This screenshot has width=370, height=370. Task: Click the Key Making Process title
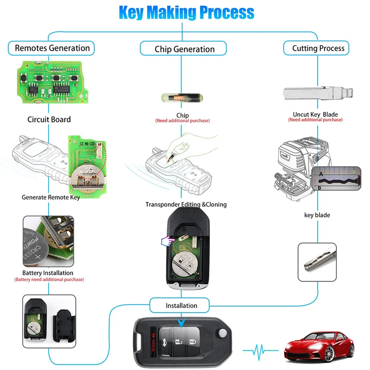coord(186,12)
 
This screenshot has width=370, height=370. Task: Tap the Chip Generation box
coord(185,49)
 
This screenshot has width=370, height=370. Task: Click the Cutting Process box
coord(318,48)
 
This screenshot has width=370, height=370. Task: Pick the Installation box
coord(181,305)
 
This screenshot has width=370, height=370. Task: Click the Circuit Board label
coord(49,119)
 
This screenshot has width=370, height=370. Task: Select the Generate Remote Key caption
coord(51,197)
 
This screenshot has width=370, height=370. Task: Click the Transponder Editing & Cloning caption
coord(186,204)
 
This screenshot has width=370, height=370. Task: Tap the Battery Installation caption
coord(48,273)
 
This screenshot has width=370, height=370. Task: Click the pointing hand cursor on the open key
coord(166,240)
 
